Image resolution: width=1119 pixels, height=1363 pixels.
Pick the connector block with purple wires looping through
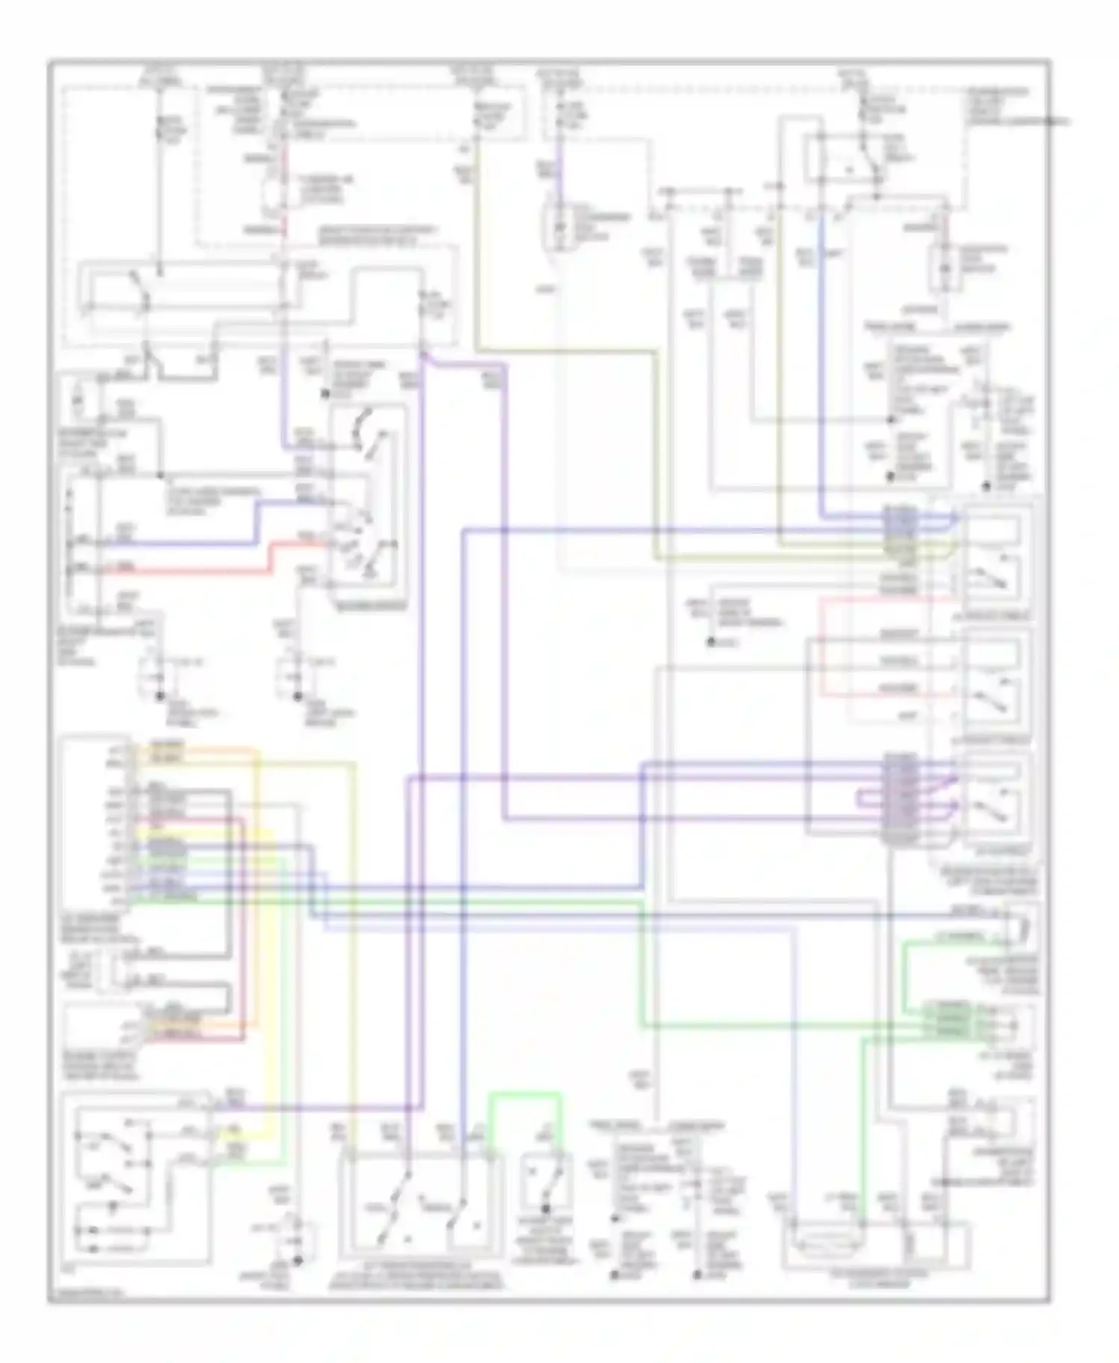point(900,798)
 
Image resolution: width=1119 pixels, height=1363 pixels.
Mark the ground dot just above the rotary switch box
point(325,393)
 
